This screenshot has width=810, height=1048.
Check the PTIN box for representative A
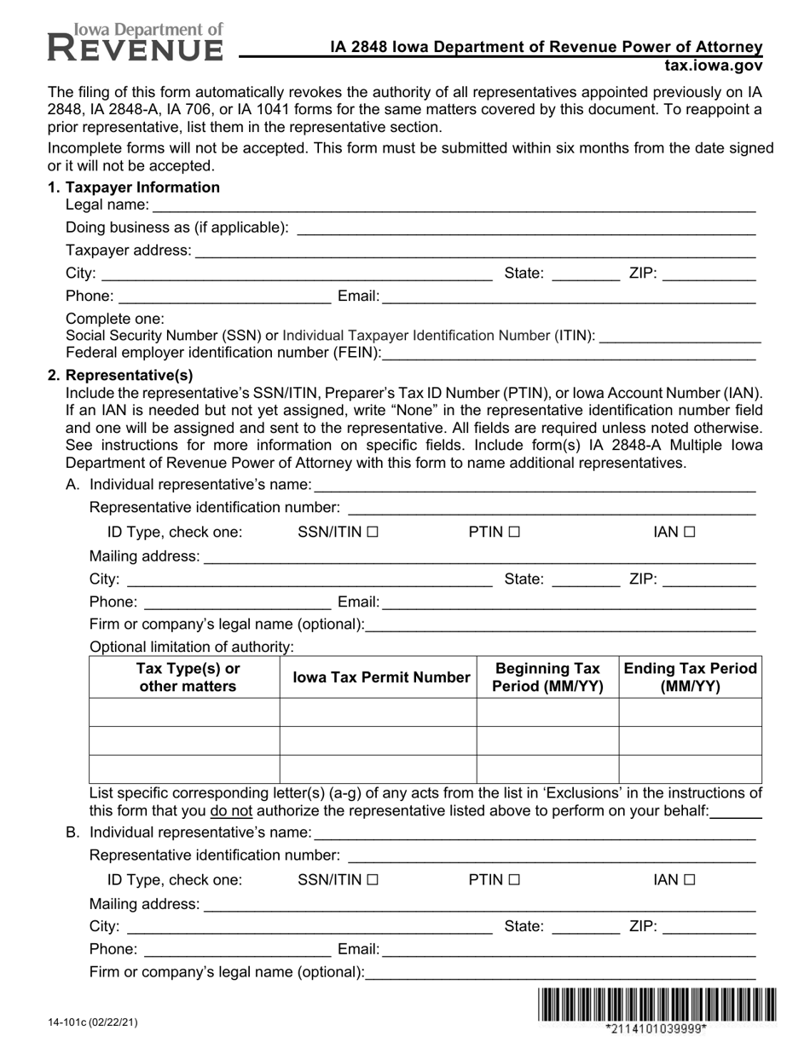[513, 533]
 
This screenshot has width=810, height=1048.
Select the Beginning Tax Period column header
[547, 677]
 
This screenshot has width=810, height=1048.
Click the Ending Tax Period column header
[690, 677]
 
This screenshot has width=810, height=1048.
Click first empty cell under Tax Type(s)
[184, 712]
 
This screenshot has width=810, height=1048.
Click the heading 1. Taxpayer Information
[134, 187]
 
